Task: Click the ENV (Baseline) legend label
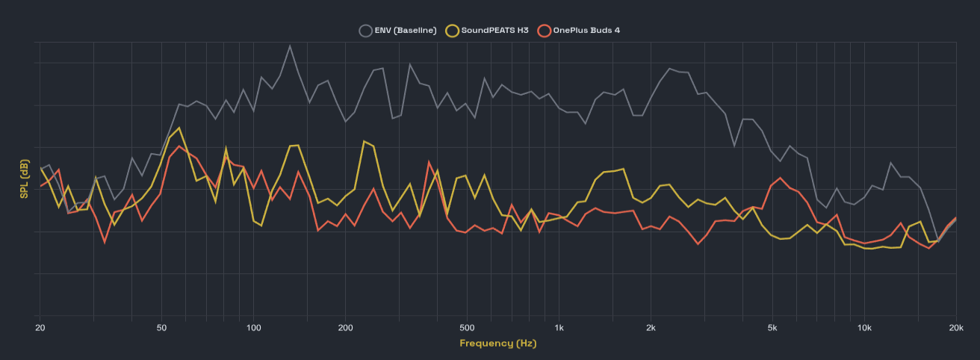(406, 31)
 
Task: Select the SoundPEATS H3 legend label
(494, 31)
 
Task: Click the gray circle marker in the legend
(365, 31)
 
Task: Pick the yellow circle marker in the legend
(452, 31)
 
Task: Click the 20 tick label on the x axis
(40, 328)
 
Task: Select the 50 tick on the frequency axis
(161, 328)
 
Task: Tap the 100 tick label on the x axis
(253, 328)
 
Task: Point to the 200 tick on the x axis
(345, 328)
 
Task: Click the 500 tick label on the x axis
(467, 328)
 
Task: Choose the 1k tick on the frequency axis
(559, 328)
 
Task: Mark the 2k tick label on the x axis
(651, 328)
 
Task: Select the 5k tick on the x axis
(772, 328)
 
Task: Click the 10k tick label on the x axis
(864, 328)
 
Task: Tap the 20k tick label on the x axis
(955, 328)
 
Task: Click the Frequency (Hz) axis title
(497, 344)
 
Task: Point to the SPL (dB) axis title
(25, 179)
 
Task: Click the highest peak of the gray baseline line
(290, 46)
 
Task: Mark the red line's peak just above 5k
(780, 178)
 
